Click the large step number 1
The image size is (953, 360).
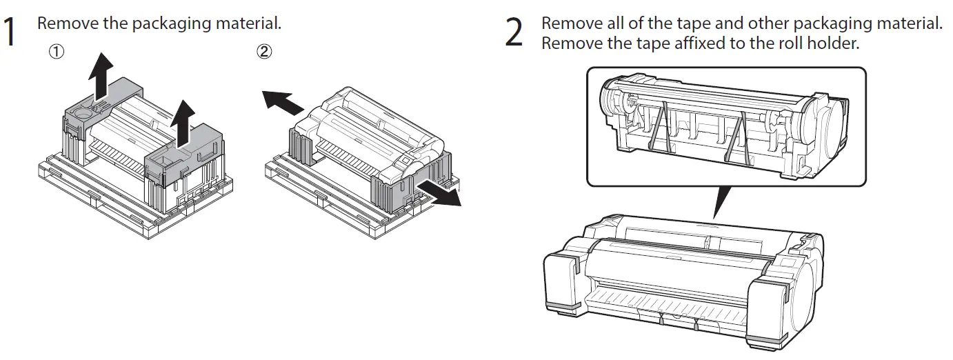click(x=10, y=32)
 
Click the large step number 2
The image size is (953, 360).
click(x=514, y=32)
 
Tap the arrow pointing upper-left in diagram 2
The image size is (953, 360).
click(x=283, y=101)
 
